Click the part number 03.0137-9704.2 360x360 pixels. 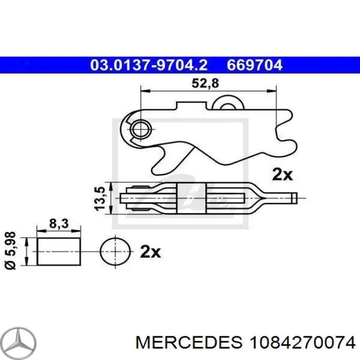149,65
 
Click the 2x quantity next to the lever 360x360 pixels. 282,174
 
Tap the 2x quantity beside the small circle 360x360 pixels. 151,252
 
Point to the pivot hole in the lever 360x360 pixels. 139,128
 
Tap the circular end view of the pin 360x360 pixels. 114,252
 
